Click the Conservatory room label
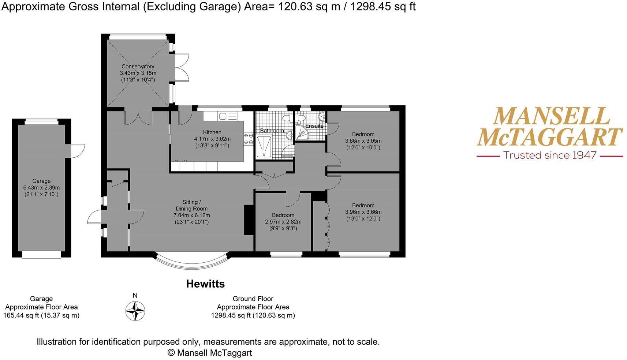click(x=138, y=67)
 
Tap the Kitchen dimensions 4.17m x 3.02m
click(x=212, y=139)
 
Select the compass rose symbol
click(x=135, y=311)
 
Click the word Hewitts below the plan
click(x=205, y=284)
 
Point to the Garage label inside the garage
click(x=41, y=181)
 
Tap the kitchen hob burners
click(x=249, y=139)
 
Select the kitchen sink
click(x=223, y=116)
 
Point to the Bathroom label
click(x=272, y=131)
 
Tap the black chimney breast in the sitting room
click(x=249, y=220)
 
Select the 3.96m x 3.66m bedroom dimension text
click(x=363, y=212)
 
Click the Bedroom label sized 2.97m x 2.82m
click(x=283, y=215)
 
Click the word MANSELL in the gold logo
click(x=551, y=116)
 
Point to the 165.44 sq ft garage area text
click(x=41, y=315)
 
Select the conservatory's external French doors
click(x=182, y=68)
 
